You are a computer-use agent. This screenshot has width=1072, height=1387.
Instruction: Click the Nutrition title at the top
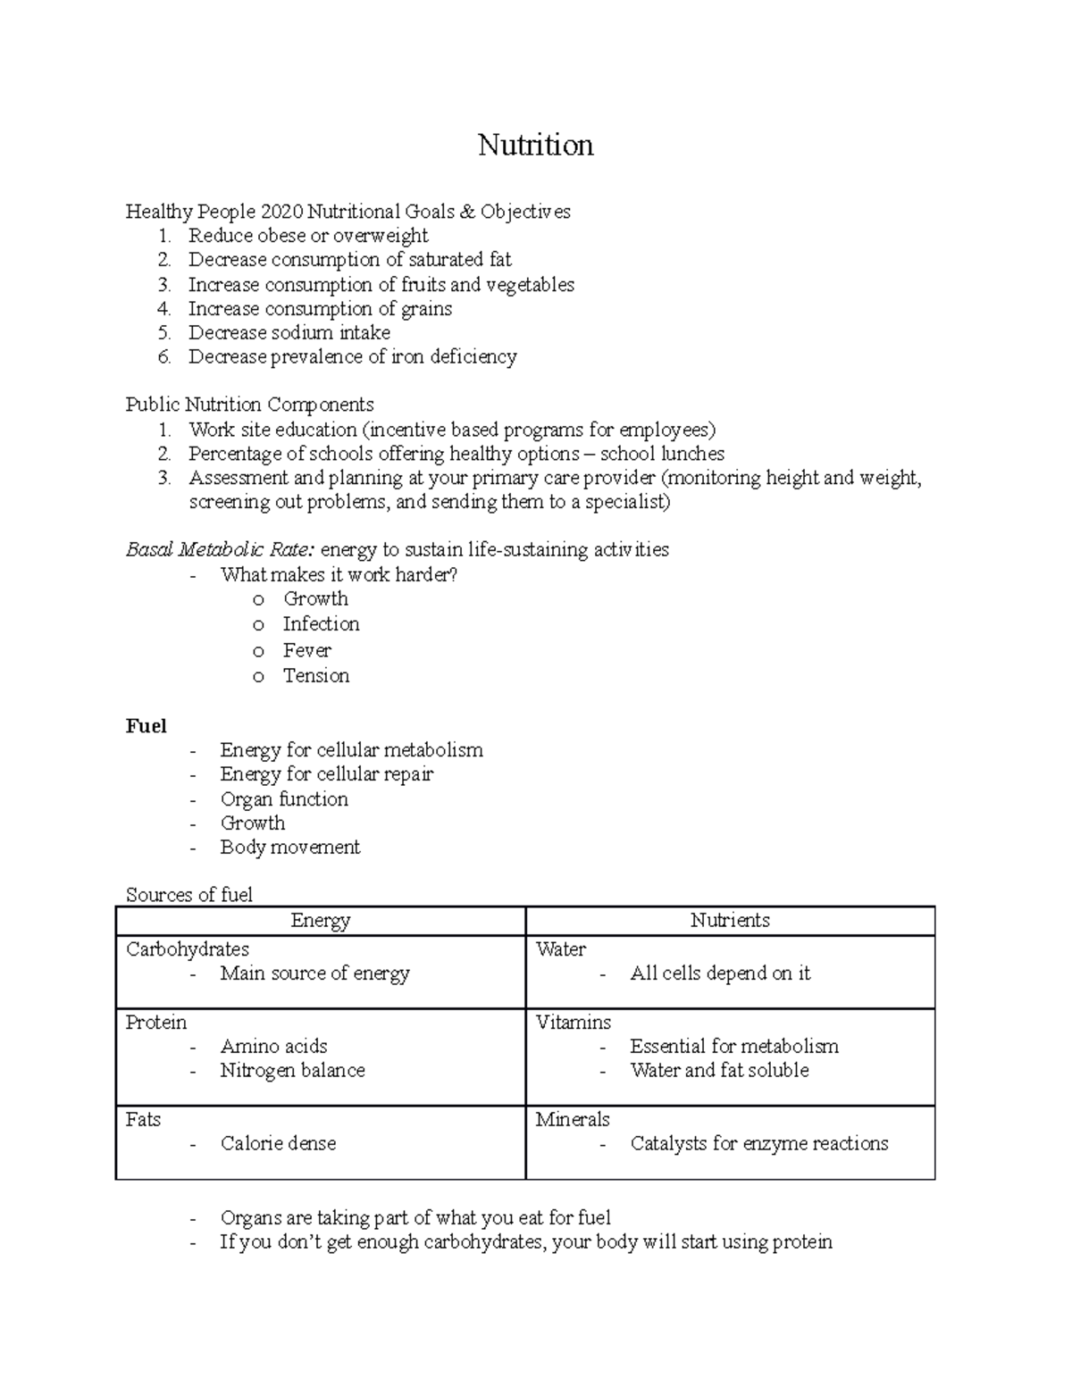[535, 145]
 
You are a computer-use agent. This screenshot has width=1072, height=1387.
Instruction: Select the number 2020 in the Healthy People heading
[281, 212]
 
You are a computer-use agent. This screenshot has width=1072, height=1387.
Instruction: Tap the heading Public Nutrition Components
[249, 405]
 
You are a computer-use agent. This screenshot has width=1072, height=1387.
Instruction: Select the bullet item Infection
[321, 624]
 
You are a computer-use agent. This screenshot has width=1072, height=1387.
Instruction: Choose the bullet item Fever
[306, 650]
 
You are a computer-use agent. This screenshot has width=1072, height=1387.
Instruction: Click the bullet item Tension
[315, 676]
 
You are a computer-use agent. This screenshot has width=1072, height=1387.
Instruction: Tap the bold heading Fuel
[146, 726]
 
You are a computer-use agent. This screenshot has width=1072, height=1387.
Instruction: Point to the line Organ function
[284, 799]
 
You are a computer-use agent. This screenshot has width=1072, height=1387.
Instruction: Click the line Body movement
[289, 848]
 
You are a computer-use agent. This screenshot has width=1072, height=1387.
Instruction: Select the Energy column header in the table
[320, 921]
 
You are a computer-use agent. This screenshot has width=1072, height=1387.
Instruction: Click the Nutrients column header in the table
[730, 921]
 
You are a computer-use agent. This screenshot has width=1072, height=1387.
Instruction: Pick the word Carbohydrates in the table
[187, 949]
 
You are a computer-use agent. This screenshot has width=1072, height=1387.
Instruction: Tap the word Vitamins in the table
[573, 1023]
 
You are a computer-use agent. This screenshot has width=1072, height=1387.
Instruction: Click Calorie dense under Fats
[278, 1144]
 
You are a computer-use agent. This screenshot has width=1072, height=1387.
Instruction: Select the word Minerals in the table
[572, 1120]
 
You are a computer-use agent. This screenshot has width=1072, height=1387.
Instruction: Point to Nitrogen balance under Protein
[292, 1071]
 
